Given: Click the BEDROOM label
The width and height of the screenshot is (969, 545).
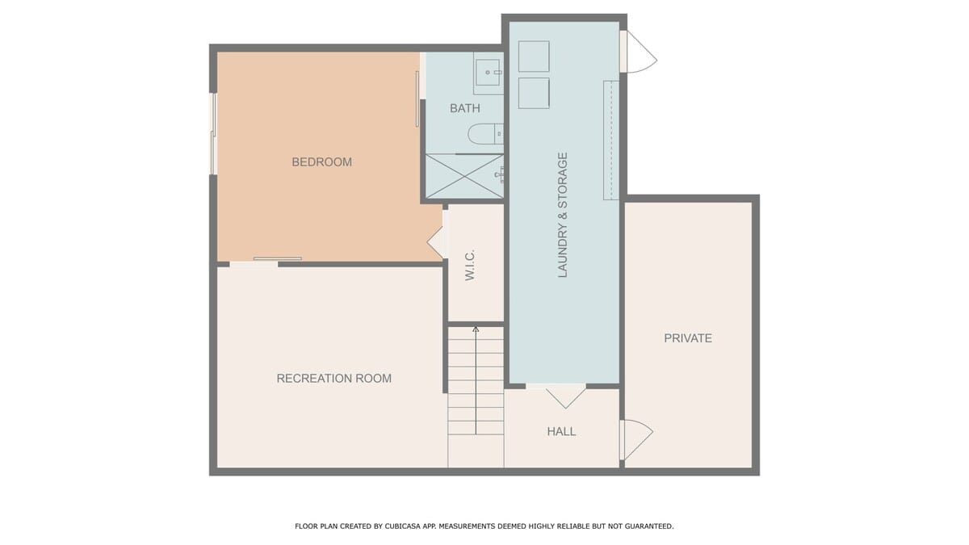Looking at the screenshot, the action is tap(322, 162).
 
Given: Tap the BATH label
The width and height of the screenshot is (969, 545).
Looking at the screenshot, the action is tap(465, 108).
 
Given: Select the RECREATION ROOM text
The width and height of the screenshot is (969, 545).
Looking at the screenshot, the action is tap(334, 379).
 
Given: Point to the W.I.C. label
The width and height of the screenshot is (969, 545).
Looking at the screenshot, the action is tap(470, 265).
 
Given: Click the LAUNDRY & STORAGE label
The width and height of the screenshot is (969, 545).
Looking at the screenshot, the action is tap(562, 215).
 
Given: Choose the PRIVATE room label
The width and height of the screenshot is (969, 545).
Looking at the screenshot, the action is tap(688, 338).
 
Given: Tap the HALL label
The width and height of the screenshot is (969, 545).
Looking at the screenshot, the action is tap(561, 431).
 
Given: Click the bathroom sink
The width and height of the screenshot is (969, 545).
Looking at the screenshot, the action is tap(488, 73).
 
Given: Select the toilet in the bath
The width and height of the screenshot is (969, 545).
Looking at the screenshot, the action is tap(486, 134).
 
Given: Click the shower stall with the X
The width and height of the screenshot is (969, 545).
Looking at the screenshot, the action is tap(464, 176).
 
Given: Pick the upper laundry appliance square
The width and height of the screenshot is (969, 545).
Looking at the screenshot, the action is tap(534, 57).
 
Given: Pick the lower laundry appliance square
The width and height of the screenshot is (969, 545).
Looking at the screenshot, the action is tap(534, 93).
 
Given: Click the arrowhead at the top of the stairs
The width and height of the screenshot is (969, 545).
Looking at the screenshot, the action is tap(476, 329).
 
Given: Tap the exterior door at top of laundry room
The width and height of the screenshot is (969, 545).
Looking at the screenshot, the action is tap(639, 52).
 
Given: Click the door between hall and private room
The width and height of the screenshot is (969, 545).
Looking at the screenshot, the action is tap(637, 439).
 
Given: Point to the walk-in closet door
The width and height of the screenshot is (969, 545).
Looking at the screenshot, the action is tap(438, 242).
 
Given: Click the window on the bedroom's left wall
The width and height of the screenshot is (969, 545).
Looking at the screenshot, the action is tap(213, 134).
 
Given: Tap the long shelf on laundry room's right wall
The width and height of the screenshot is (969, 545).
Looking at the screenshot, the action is tap(611, 140).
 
